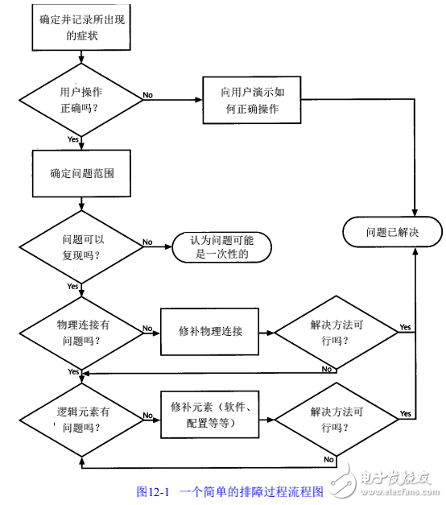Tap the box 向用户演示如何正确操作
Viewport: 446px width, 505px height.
pos(249,100)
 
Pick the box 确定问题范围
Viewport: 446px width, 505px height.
pos(81,173)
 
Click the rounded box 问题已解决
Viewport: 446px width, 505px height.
pos(393,232)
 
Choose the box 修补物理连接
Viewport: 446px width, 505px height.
pos(210,331)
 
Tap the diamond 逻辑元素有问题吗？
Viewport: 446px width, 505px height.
pos(81,418)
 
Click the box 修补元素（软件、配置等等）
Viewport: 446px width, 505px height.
pos(210,415)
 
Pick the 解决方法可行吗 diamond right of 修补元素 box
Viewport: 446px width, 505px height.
pos(336,418)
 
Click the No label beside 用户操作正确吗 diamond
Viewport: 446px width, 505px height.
pos(147,95)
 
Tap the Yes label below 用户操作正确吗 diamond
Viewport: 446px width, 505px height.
pos(73,139)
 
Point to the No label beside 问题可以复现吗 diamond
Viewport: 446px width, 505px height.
pos(147,242)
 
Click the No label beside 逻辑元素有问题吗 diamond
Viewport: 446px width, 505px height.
pos(147,417)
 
